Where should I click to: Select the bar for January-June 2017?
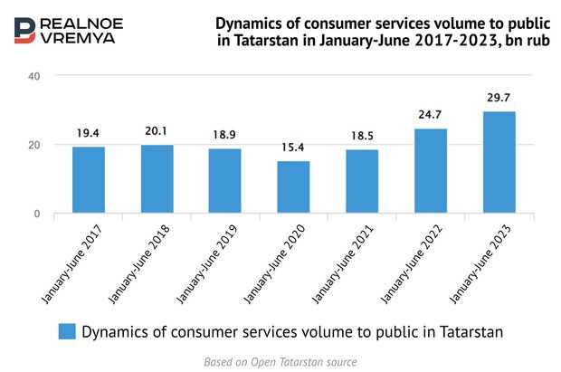(89, 180)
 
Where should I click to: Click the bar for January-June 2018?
(157, 179)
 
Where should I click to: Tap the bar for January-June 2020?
(293, 187)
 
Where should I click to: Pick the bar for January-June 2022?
(430, 171)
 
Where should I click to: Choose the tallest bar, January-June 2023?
(498, 163)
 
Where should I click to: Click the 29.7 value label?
(498, 97)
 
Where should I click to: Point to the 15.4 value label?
(293, 147)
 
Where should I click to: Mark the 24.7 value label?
(430, 114)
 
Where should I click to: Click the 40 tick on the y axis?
(33, 76)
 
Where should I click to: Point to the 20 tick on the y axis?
(33, 145)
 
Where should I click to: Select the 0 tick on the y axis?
(37, 214)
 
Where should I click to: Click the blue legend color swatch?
(67, 331)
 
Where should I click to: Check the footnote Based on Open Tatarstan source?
(280, 360)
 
